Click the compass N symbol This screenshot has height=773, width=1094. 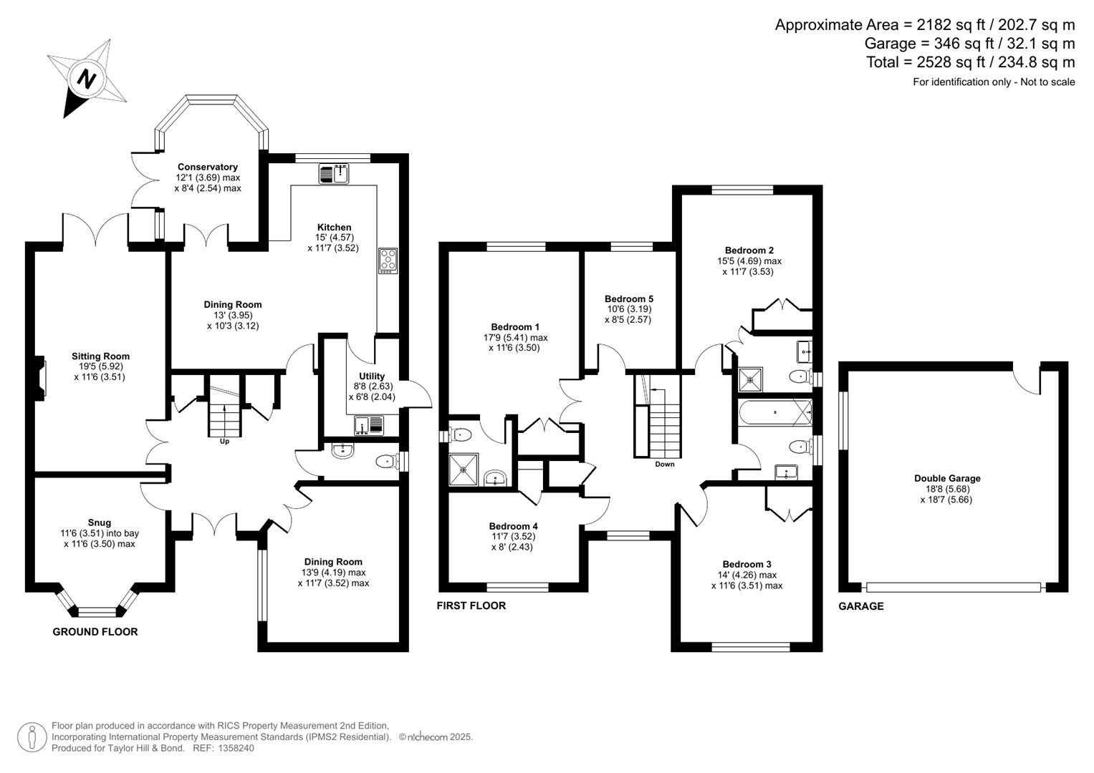pyautogui.click(x=87, y=79)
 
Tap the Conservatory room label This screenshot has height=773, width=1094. pyautogui.click(x=208, y=167)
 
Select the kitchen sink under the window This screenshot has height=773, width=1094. pyautogui.click(x=333, y=173)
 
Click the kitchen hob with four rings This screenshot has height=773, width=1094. pyautogui.click(x=388, y=260)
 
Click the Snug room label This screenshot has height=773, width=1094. pyautogui.click(x=100, y=522)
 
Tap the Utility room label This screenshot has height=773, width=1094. pyautogui.click(x=372, y=376)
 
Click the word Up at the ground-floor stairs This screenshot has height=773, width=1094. pyautogui.click(x=225, y=442)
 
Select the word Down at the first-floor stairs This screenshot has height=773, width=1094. pyautogui.click(x=664, y=465)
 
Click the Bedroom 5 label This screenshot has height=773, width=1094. pyautogui.click(x=628, y=298)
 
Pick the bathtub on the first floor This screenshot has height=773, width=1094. pyautogui.click(x=775, y=413)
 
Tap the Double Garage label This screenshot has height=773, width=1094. pyautogui.click(x=946, y=478)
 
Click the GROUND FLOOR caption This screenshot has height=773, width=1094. pyautogui.click(x=95, y=631)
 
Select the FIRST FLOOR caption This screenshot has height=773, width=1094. pyautogui.click(x=471, y=606)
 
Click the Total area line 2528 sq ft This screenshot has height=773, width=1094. pyautogui.click(x=970, y=62)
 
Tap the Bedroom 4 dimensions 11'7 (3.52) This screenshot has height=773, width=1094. pyautogui.click(x=513, y=536)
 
